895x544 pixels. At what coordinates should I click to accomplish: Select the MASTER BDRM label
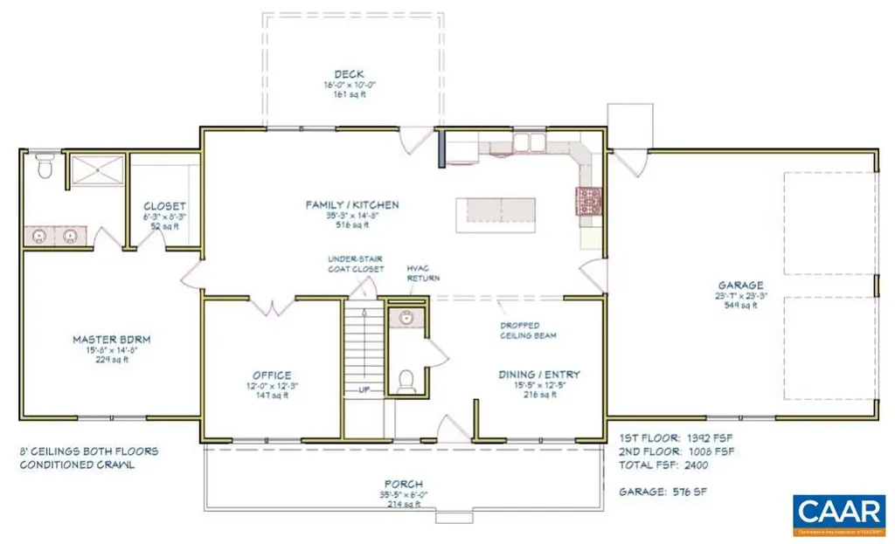108,339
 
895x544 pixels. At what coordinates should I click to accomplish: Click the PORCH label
403,484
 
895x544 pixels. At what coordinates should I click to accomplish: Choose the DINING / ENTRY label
539,375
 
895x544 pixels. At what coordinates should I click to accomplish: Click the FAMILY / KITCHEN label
352,205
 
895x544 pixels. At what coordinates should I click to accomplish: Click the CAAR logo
838,510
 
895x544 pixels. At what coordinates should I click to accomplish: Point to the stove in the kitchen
587,200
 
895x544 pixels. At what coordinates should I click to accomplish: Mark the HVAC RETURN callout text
423,273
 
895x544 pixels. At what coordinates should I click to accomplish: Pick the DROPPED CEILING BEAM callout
529,329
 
